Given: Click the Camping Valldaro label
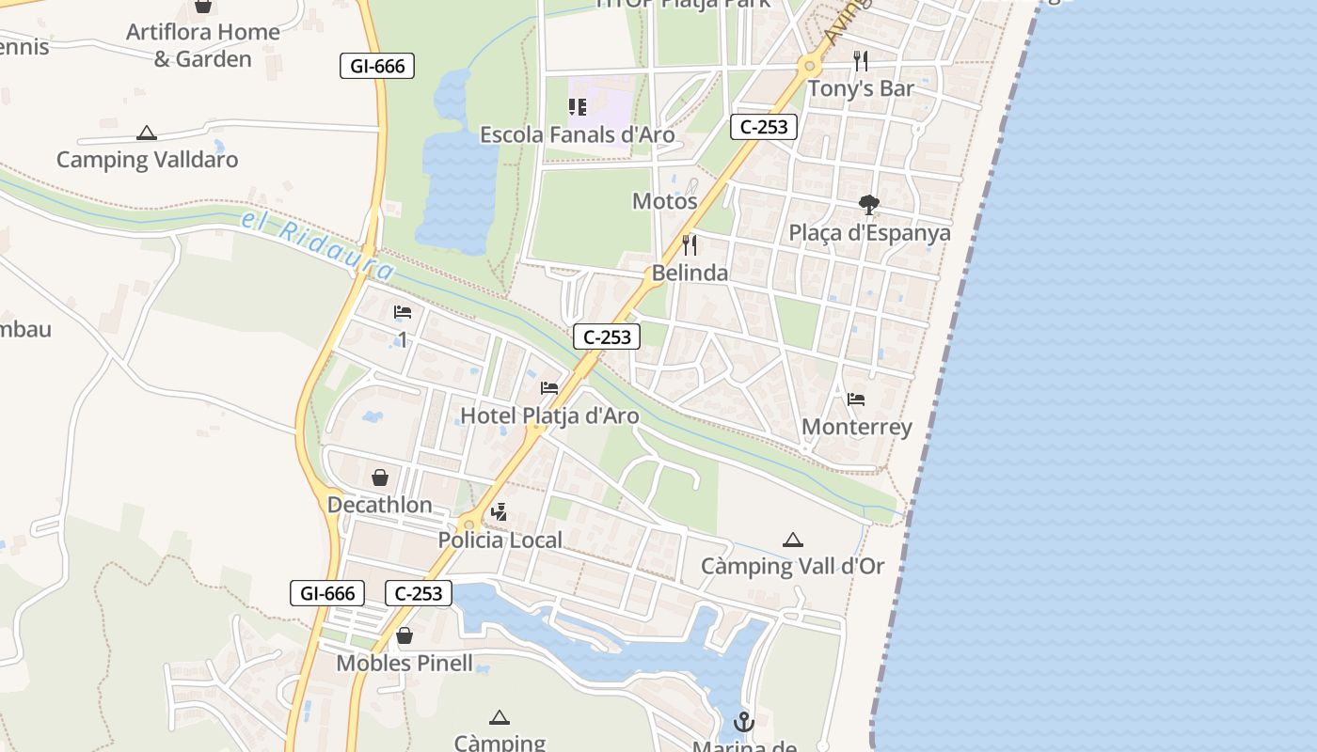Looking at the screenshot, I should click(x=147, y=159).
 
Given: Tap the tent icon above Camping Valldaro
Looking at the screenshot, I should click(x=146, y=133).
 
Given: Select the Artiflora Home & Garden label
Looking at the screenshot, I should click(x=202, y=45).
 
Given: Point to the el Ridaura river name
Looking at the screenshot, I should click(x=318, y=245).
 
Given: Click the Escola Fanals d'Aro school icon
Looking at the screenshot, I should click(x=578, y=108).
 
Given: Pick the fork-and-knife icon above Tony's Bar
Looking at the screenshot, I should click(x=861, y=61).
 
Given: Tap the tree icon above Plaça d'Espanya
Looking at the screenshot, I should click(x=869, y=205).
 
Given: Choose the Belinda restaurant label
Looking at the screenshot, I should click(x=690, y=273).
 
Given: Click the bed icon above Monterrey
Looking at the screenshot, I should click(x=856, y=399).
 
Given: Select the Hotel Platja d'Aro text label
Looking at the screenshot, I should click(x=549, y=415).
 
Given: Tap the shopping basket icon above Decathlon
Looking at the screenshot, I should click(x=380, y=478).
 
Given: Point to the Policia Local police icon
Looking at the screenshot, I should click(x=500, y=512).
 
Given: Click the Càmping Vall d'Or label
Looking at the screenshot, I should click(x=793, y=566).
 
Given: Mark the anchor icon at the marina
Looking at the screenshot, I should click(x=744, y=722).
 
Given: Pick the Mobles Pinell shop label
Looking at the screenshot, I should click(x=405, y=663).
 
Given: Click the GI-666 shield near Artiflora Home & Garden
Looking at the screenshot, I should click(x=377, y=66).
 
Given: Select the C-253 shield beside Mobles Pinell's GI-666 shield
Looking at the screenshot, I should click(x=419, y=593).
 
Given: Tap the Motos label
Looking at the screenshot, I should click(x=665, y=200).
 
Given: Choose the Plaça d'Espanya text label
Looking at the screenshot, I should click(x=870, y=232).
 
